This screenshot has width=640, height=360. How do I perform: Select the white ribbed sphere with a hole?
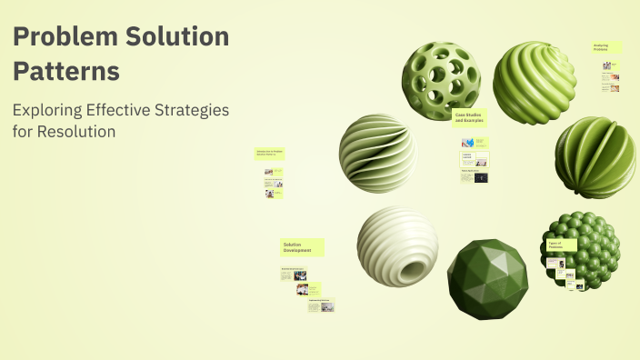[398, 246]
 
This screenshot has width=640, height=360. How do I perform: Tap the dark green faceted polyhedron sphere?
[487, 277]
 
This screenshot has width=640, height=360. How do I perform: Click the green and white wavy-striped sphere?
[378, 153]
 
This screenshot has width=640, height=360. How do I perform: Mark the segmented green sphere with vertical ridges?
[595, 156]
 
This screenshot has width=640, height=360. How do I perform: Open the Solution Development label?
[301, 247]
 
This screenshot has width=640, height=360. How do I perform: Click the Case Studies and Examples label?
[469, 117]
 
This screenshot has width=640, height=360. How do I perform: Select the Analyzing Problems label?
[607, 46]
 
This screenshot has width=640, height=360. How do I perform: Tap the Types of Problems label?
[561, 245]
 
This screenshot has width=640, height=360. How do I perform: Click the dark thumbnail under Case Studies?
[480, 178]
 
